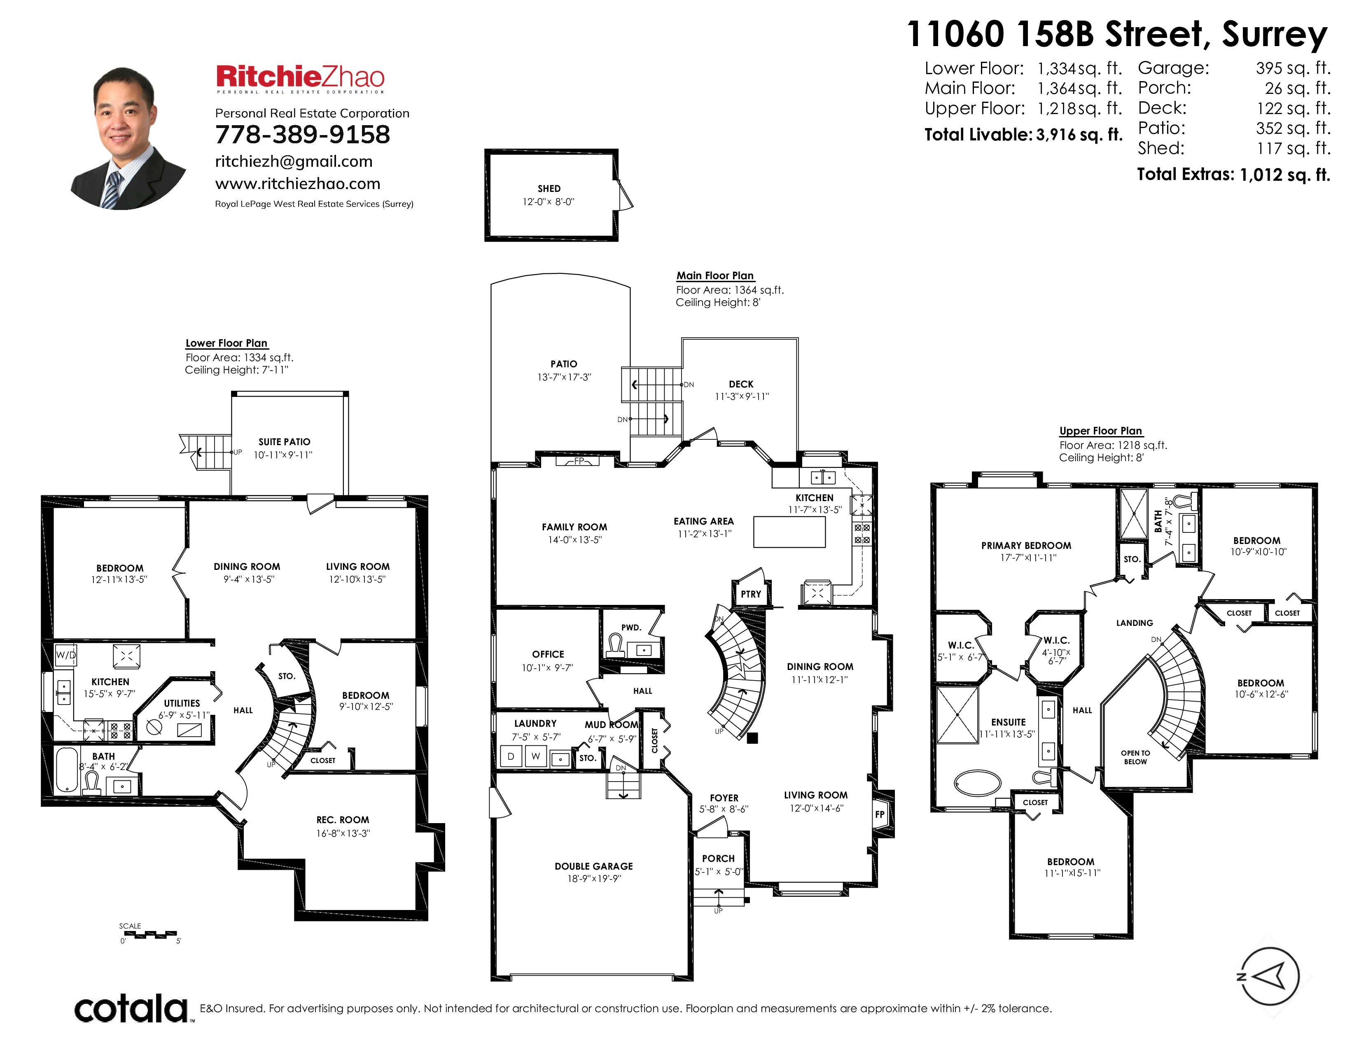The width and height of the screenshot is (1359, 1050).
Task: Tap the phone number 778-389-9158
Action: [x=302, y=134]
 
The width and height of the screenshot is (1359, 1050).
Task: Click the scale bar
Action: [x=150, y=934]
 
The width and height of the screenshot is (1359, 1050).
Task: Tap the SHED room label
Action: [x=549, y=189]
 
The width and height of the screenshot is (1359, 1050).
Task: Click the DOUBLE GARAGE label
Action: [x=593, y=866]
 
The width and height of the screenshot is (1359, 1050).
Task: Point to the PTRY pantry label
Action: [x=751, y=594]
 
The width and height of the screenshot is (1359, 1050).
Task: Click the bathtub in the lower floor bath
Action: [x=67, y=770]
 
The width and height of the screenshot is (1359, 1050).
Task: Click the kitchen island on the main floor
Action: [x=789, y=532]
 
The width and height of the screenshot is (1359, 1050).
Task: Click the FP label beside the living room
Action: [x=880, y=814]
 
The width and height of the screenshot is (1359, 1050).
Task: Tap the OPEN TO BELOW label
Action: [x=1136, y=757]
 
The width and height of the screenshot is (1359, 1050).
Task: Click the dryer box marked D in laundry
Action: [x=511, y=756]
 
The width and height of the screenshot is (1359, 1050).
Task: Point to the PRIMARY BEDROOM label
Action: [x=1026, y=546]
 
